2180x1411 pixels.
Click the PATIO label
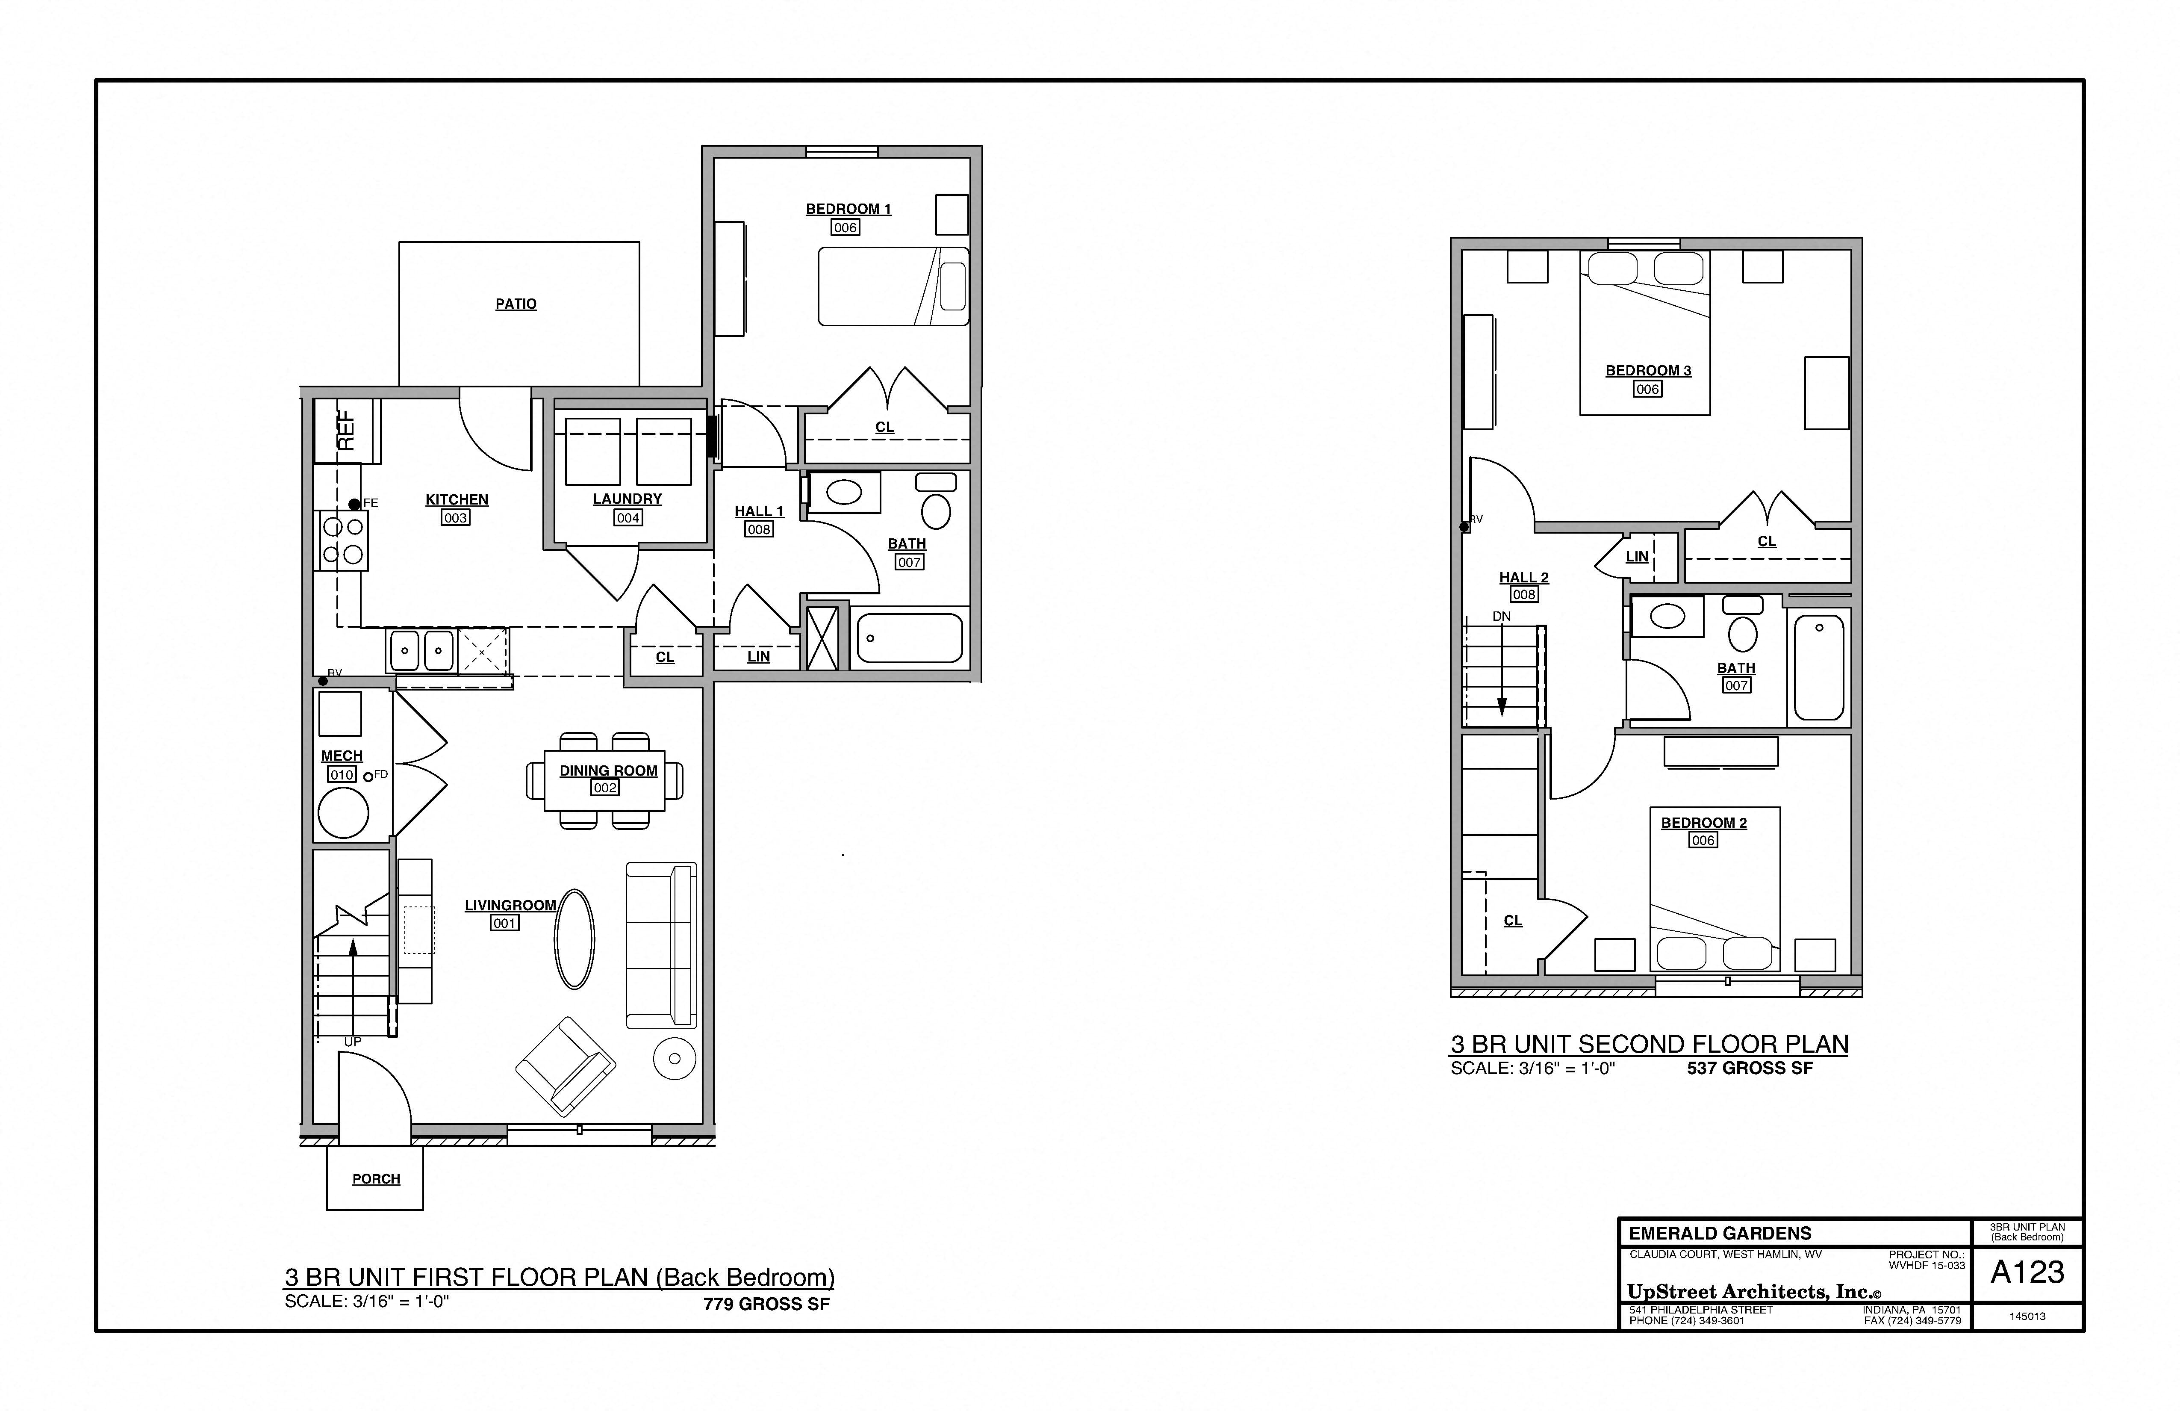pyautogui.click(x=516, y=304)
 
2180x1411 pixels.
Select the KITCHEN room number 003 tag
pyautogui.click(x=455, y=518)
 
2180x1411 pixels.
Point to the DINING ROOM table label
pyautogui.click(x=608, y=770)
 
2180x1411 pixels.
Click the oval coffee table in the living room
pyautogui.click(x=574, y=939)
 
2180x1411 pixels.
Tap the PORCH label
pyautogui.click(x=376, y=1179)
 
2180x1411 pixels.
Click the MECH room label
pyautogui.click(x=342, y=756)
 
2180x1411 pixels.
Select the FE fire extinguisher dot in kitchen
pyautogui.click(x=354, y=504)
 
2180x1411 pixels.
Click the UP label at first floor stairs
pyautogui.click(x=353, y=1042)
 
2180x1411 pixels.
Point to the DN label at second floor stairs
pyautogui.click(x=1501, y=617)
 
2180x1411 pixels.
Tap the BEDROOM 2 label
pyautogui.click(x=1704, y=823)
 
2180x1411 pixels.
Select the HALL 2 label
pyautogui.click(x=1523, y=577)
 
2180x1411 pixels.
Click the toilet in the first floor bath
pyautogui.click(x=935, y=511)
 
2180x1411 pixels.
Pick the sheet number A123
pyautogui.click(x=2027, y=1272)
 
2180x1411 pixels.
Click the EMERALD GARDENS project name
pyautogui.click(x=1719, y=1233)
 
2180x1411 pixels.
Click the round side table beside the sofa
pyautogui.click(x=675, y=1058)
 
